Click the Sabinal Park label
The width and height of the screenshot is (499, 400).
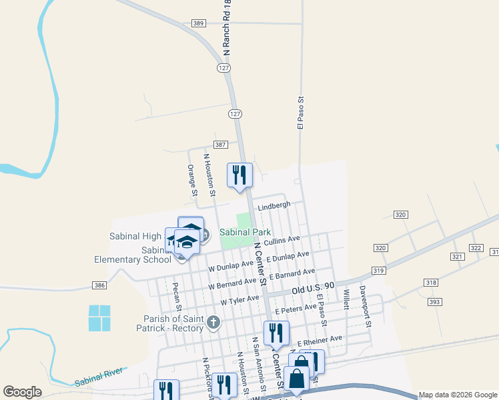(x=244, y=232)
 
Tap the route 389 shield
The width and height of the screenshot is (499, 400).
(x=198, y=23)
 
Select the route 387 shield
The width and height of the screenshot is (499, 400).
(x=221, y=145)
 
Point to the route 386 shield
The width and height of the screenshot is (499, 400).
(x=99, y=285)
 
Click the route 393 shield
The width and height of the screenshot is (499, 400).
(x=435, y=302)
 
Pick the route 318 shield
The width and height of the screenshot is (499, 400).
(x=431, y=283)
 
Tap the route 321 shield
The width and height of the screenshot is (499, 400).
(x=457, y=257)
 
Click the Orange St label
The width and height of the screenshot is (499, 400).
(x=192, y=180)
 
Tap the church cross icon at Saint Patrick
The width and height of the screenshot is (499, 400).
(x=213, y=323)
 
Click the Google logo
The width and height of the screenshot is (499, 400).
(x=23, y=392)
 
